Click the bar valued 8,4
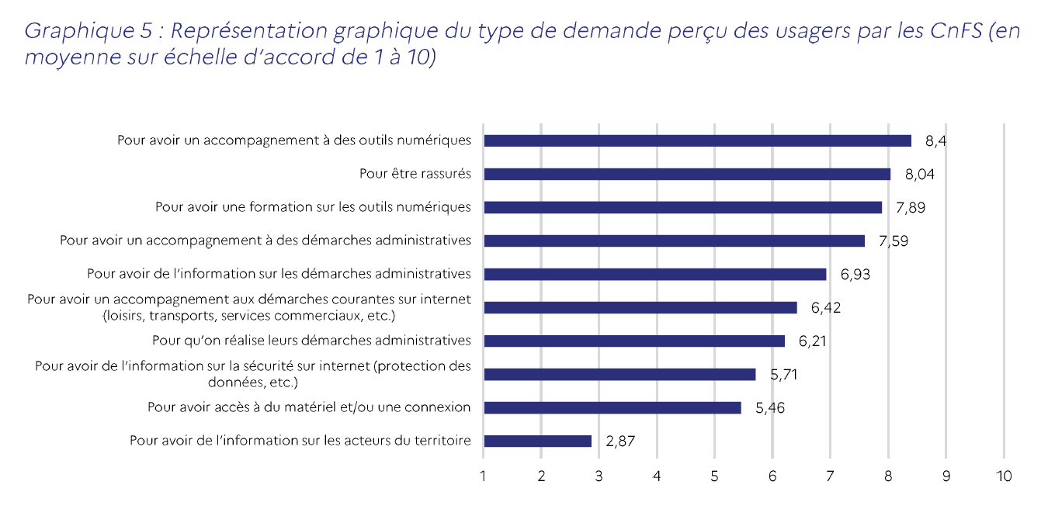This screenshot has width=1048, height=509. (x=697, y=140)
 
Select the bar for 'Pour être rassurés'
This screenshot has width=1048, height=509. (x=687, y=174)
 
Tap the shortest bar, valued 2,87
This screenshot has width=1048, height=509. (x=537, y=441)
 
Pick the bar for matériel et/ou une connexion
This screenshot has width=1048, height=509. (x=612, y=407)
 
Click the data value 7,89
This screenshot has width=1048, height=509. (x=911, y=207)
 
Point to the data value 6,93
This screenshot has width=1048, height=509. (x=855, y=274)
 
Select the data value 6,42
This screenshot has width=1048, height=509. (x=826, y=307)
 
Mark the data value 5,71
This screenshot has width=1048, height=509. (x=784, y=374)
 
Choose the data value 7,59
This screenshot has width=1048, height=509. (x=893, y=241)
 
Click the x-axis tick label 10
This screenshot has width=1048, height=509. (x=1004, y=476)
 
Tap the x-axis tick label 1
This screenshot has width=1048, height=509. (x=484, y=476)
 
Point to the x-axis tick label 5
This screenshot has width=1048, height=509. (x=714, y=476)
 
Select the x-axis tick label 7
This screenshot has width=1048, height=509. (x=830, y=476)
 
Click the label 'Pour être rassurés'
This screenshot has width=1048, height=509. (x=415, y=174)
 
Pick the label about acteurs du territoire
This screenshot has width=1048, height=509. (x=300, y=441)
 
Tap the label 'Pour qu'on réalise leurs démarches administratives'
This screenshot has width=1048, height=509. (x=311, y=341)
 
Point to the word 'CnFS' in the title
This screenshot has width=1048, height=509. (x=954, y=32)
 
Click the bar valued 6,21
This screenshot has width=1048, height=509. (x=634, y=341)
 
